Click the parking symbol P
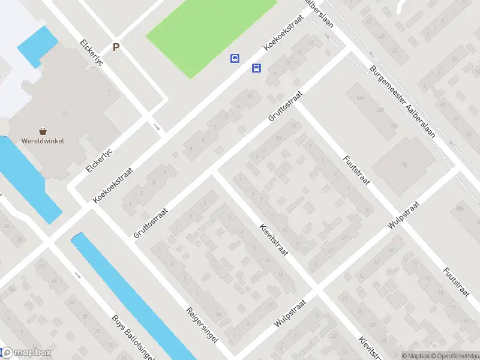pyautogui.click(x=116, y=47)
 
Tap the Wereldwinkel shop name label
pyautogui.click(x=44, y=141)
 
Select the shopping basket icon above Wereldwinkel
pyautogui.click(x=43, y=131)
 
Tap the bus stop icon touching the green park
pyautogui.click(x=235, y=58)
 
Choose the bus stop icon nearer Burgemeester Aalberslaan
pyautogui.click(x=256, y=68)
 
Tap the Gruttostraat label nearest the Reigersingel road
pyautogui.click(x=150, y=223)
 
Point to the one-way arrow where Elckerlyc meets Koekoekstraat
pyautogui.click(x=157, y=127)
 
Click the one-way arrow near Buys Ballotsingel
pyautogui.click(x=78, y=275)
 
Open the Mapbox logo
pyautogui.click(x=26, y=353)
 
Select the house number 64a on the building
pyautogui.click(x=360, y=97)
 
